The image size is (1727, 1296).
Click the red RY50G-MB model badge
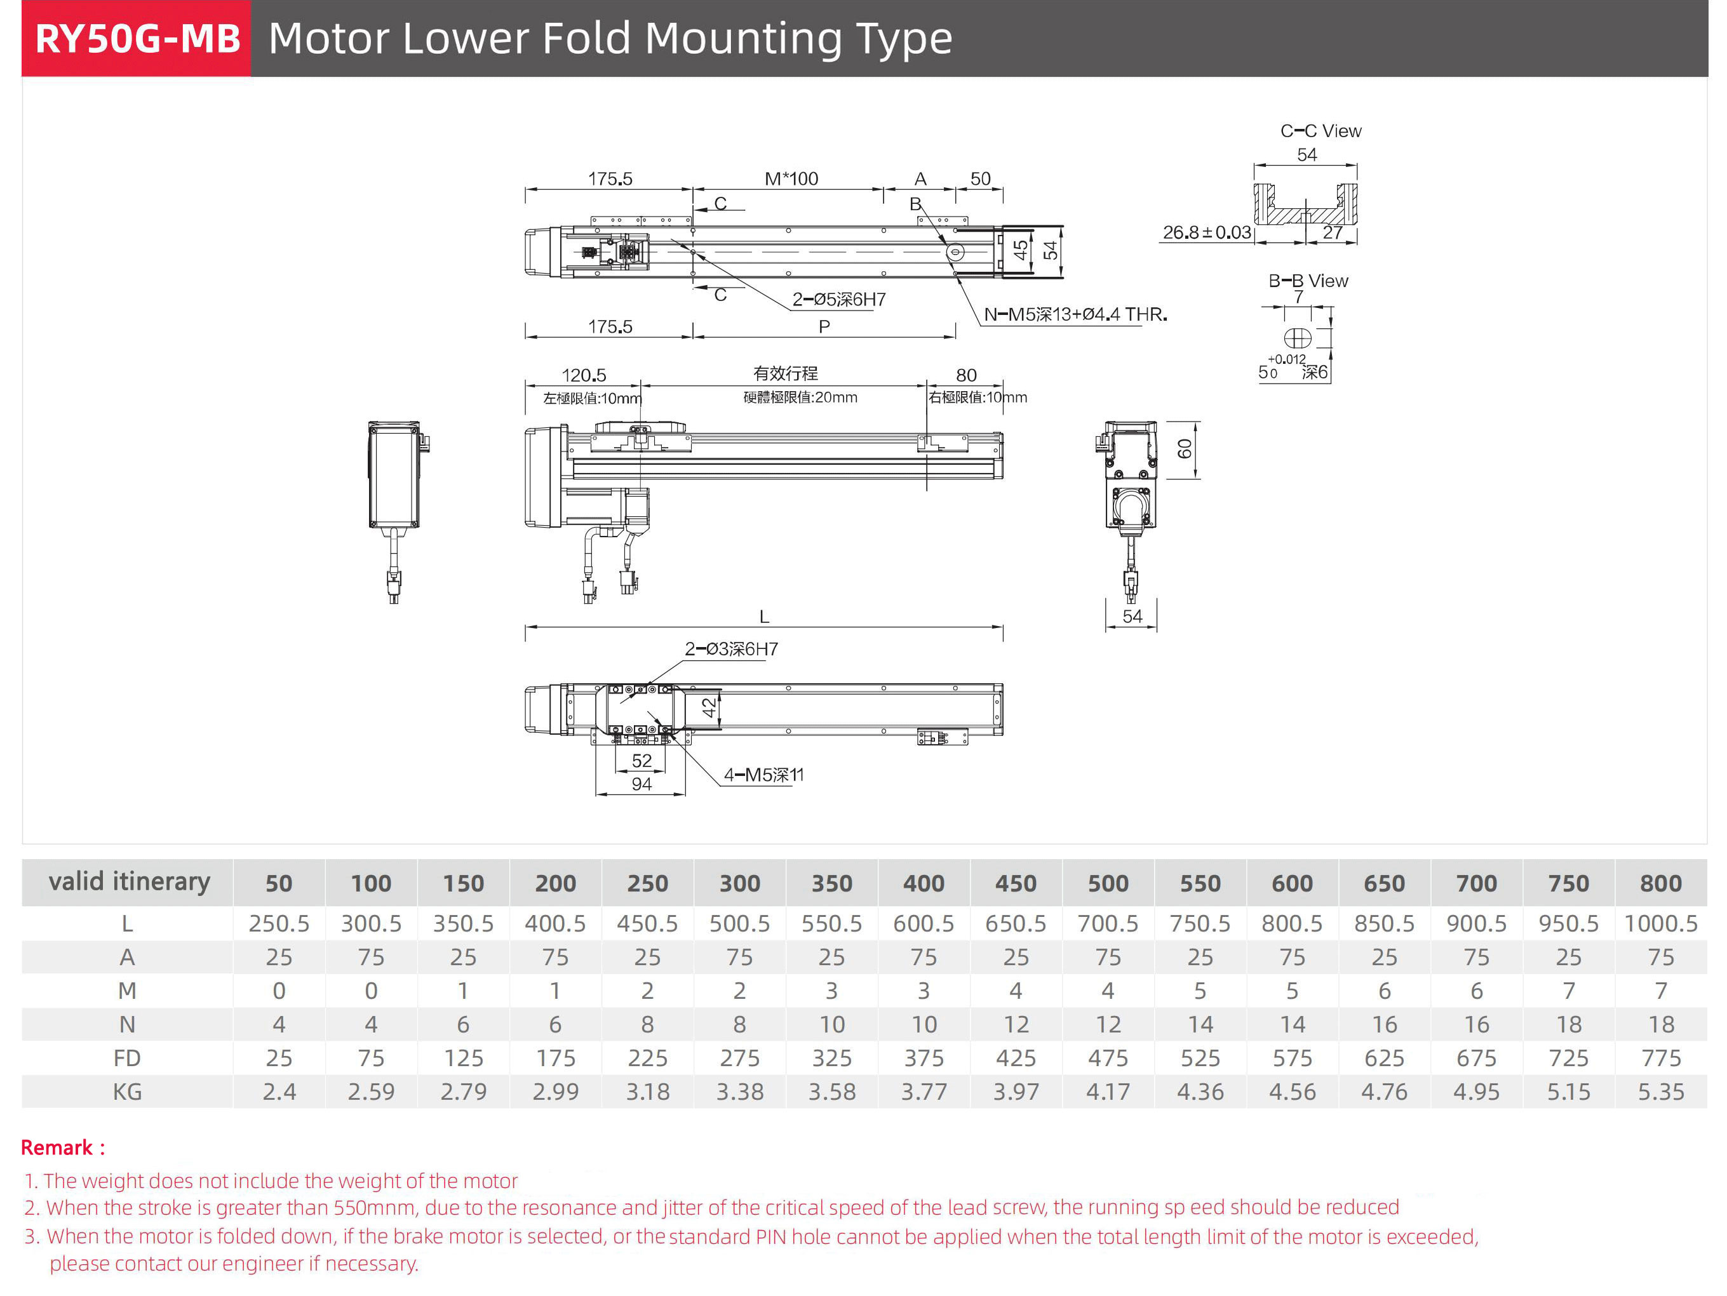[137, 38]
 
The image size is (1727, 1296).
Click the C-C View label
[1320, 131]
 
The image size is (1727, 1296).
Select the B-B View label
[1308, 281]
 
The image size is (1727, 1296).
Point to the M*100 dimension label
[791, 179]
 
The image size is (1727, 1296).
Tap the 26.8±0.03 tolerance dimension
[1206, 232]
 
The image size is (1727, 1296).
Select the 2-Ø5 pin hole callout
[838, 300]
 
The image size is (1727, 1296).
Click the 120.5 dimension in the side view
[583, 375]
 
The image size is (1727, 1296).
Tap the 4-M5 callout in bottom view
[763, 775]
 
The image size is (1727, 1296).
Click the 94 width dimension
[641, 784]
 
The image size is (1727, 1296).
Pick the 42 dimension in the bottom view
[708, 708]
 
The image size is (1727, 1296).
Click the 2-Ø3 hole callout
[731, 649]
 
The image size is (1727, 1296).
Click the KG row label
[127, 1092]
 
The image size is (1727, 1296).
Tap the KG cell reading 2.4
[279, 1092]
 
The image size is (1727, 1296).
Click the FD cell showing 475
[1107, 1058]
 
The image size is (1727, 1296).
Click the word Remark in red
[57, 1147]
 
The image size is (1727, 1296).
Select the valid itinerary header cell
[129, 882]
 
